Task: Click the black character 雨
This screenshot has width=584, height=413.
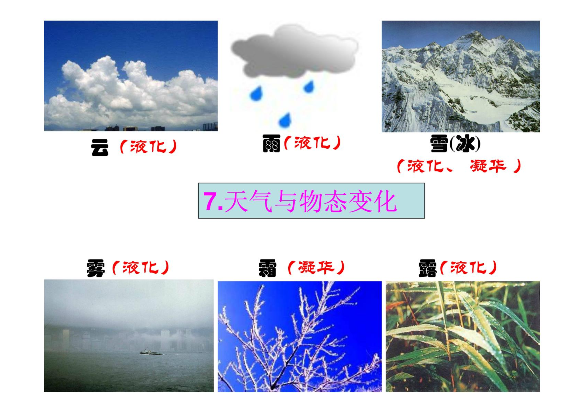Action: tap(271, 143)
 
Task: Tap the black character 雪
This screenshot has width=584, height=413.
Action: tap(439, 143)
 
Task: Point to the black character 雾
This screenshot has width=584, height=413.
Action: tap(96, 268)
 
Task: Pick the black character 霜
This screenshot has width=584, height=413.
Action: tap(267, 268)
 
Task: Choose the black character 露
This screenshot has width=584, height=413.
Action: tap(427, 268)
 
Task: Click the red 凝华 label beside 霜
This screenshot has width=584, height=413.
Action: tap(316, 267)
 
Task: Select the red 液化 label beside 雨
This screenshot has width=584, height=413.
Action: tap(312, 143)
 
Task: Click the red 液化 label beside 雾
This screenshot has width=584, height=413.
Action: tap(141, 267)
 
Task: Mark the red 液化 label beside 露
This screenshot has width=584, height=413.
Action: tap(469, 267)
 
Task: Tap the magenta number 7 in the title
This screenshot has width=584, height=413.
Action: tap(210, 201)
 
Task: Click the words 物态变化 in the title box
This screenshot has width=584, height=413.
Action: tap(348, 201)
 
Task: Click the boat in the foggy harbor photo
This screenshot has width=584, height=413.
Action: tap(151, 352)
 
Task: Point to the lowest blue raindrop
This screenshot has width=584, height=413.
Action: tap(285, 120)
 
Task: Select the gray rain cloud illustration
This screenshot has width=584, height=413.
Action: tap(295, 51)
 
